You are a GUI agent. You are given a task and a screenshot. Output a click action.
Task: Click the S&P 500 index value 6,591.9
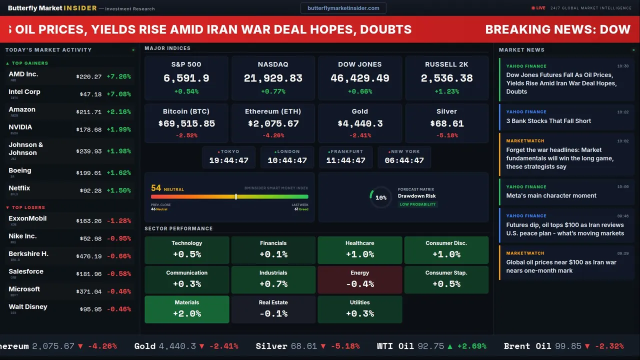[186, 78]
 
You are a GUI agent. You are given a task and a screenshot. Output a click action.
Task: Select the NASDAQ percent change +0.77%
[273, 91]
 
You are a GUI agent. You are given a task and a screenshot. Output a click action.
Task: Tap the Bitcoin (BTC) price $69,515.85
[186, 123]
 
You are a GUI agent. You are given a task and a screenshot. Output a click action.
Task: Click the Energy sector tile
[359, 279]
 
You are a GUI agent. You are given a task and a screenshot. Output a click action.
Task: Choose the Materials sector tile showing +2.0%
[186, 309]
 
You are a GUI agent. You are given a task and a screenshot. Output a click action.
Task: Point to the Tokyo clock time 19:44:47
[228, 160]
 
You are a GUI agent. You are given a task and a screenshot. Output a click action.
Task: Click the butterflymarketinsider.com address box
[343, 8]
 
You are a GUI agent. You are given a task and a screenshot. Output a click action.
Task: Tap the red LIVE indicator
[538, 8]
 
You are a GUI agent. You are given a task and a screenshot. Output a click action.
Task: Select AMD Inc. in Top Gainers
[23, 74]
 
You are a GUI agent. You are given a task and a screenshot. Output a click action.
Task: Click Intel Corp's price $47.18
[90, 94]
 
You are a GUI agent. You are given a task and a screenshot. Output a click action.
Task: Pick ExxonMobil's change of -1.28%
[119, 220]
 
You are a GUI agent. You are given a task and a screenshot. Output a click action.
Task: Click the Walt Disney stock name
[28, 306]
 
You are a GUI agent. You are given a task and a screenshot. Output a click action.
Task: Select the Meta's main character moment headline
[551, 195]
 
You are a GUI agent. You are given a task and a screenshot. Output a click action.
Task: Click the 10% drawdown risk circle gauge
[380, 197]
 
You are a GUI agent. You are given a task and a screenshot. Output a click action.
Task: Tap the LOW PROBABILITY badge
[417, 204]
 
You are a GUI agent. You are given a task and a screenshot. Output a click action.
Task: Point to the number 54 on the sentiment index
[156, 188]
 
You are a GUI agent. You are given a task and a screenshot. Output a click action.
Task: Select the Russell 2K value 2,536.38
[446, 78]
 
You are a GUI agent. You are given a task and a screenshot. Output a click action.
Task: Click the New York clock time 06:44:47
[404, 160]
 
